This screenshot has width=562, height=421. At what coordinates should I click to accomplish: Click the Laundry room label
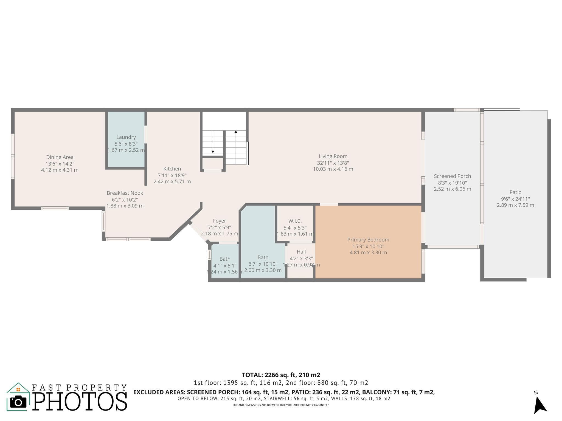coord(126,137)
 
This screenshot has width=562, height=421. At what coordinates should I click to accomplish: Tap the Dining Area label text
coord(60,157)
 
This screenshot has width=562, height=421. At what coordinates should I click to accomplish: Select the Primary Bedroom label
coord(368,240)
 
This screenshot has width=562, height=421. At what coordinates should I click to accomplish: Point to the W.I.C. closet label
coord(295,221)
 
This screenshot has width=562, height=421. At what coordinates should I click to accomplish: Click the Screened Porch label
coord(453,176)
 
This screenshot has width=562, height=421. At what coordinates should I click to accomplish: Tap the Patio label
coord(516,192)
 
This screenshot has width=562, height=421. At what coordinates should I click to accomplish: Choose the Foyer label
coord(220,221)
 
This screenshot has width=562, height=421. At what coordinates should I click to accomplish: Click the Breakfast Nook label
coord(125,193)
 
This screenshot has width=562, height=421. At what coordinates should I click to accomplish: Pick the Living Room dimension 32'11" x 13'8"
coord(333,163)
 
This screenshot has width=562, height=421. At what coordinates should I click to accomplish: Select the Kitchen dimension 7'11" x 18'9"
coord(172,175)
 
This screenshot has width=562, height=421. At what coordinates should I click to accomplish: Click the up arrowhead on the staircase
coord(236,132)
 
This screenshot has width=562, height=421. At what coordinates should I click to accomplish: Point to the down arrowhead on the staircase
coord(213,152)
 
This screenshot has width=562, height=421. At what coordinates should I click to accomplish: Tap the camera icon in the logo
coord(18,402)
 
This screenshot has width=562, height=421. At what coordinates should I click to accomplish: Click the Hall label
coord(301,252)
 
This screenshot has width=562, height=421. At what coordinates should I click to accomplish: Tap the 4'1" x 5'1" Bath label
coord(225,259)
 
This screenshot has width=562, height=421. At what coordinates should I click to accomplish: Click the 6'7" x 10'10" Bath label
coord(263,257)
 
